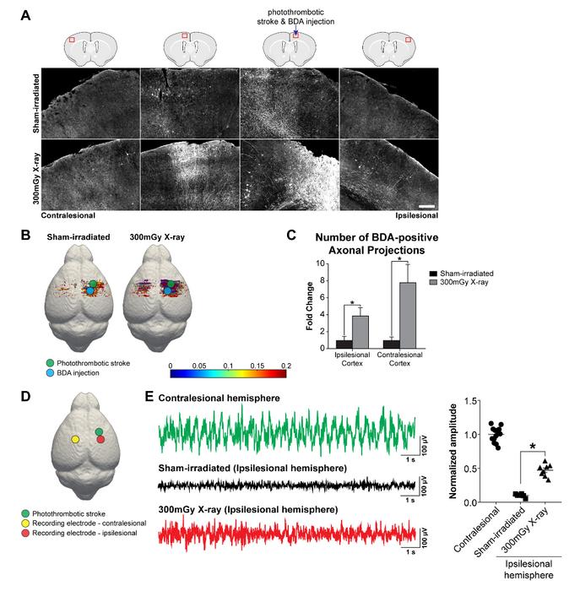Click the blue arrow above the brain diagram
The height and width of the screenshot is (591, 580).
[x=295, y=28]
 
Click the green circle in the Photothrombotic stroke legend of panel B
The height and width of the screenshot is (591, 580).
[x=52, y=361]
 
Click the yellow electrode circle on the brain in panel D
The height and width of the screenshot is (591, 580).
[x=75, y=440]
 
